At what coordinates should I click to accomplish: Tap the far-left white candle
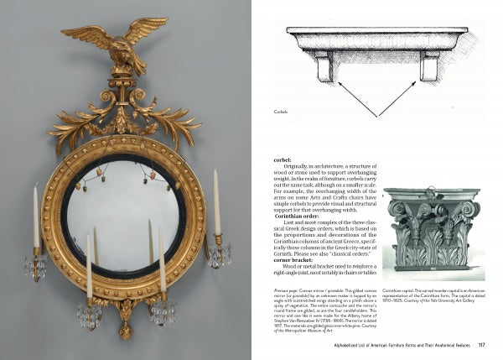click(x=36, y=216)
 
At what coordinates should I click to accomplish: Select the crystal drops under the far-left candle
click(x=35, y=266)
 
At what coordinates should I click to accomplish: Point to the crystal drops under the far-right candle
click(x=219, y=254)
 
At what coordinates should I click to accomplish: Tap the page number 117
click(x=481, y=344)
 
